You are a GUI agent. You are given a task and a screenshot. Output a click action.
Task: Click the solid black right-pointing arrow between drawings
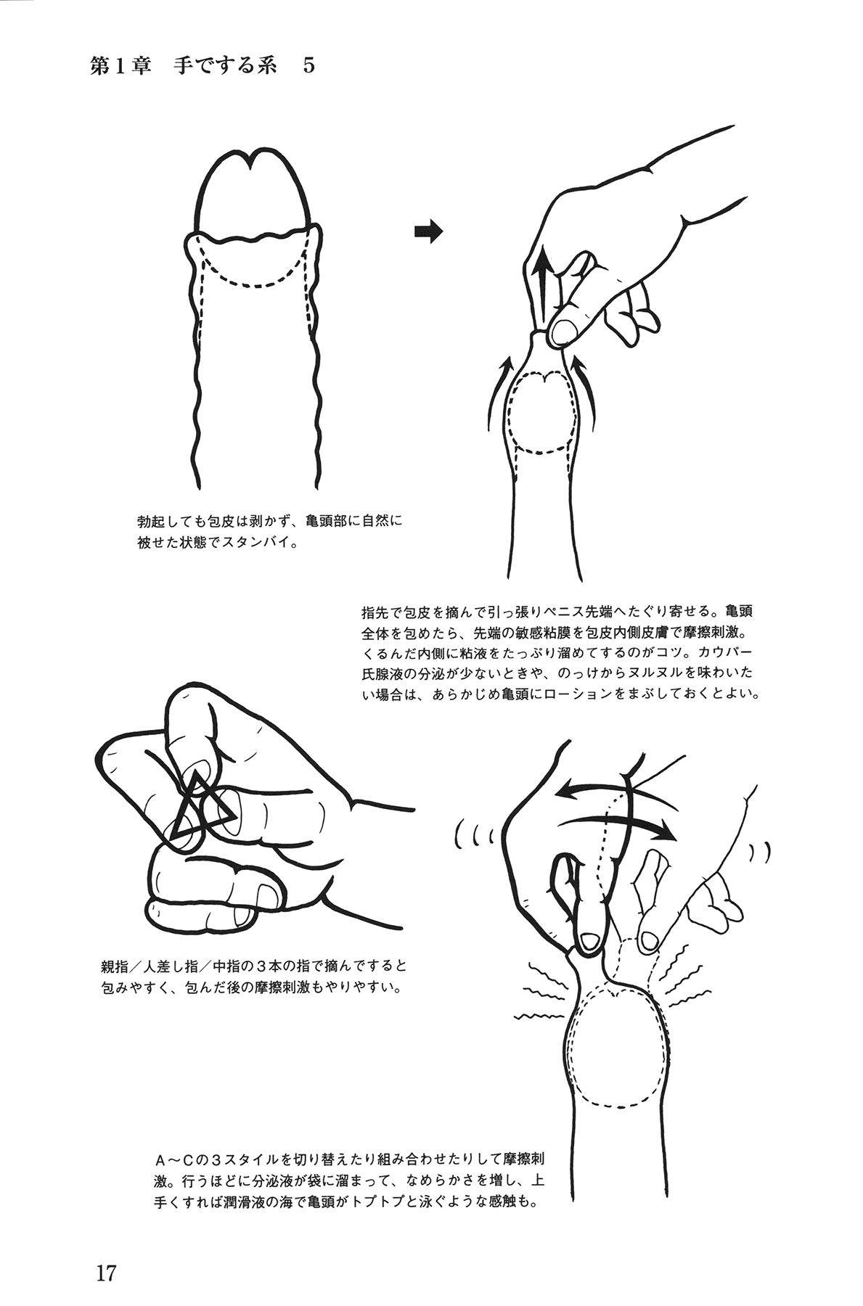pos(428,232)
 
